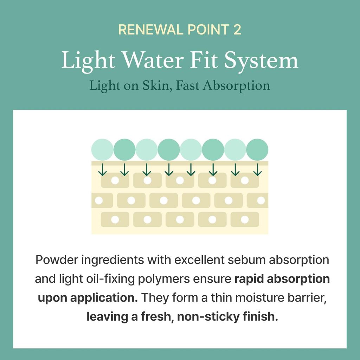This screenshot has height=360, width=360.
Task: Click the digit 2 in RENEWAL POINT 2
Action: coord(237,30)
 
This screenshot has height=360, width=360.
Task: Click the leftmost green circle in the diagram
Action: coord(102,150)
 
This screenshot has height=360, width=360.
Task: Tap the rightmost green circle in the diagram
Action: coord(257,150)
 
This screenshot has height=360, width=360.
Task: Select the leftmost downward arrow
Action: coord(102,170)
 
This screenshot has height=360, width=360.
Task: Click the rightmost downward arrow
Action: coord(257,170)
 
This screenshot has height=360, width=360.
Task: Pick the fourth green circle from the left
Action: coord(169,150)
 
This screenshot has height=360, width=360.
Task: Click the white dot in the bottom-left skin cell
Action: coord(115,219)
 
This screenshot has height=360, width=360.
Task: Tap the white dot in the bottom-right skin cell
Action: coord(245,219)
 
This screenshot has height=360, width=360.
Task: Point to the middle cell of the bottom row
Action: coord(180,219)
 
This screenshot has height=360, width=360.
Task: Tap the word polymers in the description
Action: coord(164,279)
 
